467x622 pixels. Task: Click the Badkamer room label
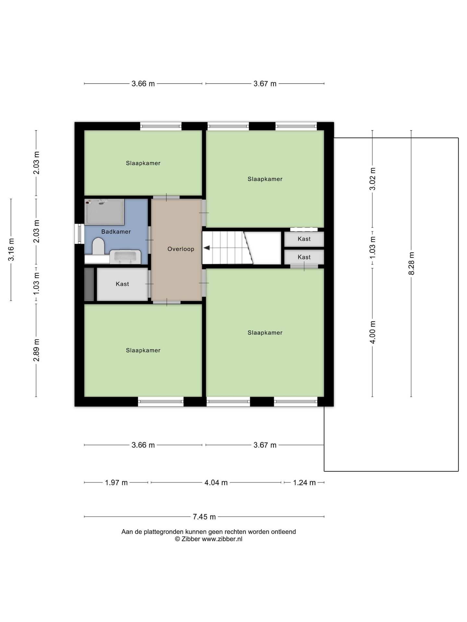(x=116, y=232)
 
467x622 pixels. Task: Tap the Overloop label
(x=181, y=249)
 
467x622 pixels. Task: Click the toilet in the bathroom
(x=98, y=246)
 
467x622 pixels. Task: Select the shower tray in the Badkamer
(x=104, y=212)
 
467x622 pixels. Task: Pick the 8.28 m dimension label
(x=411, y=263)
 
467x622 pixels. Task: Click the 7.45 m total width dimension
(x=204, y=516)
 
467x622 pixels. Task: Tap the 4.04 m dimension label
(x=216, y=482)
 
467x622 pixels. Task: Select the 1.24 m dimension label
(x=304, y=482)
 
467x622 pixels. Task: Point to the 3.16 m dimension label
(x=11, y=249)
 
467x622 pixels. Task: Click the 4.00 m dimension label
(x=372, y=332)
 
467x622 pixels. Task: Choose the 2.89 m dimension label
(x=36, y=350)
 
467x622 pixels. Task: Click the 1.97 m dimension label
(x=116, y=482)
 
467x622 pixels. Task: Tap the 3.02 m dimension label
(x=372, y=179)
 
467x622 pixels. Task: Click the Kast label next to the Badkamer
(x=122, y=284)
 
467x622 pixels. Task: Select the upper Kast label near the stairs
(x=304, y=239)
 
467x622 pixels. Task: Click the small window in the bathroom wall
(x=79, y=234)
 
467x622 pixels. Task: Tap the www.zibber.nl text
(x=222, y=539)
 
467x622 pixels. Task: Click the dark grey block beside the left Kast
(x=89, y=284)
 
